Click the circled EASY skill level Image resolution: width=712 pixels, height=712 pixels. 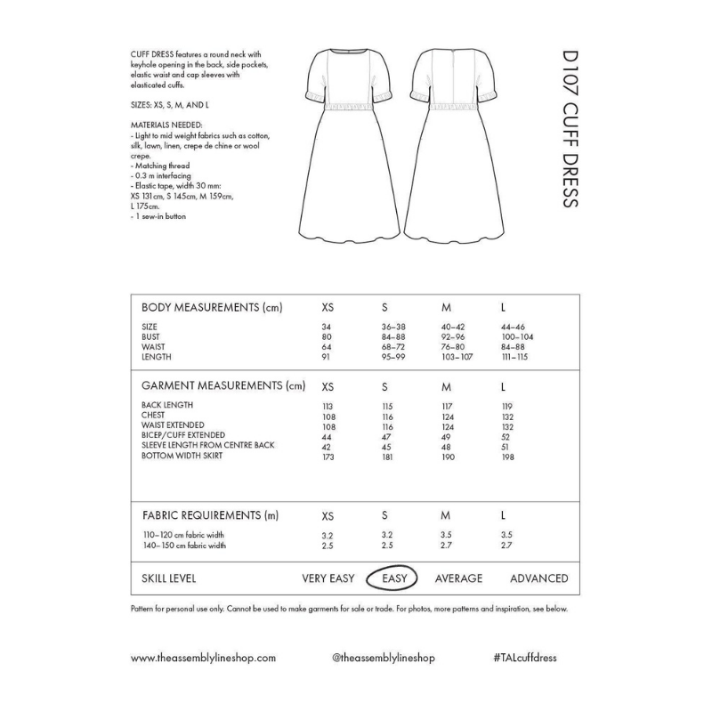pos(394,578)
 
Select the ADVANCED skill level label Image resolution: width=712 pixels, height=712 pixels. pos(538,578)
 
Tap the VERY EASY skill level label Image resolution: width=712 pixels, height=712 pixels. pos(328,578)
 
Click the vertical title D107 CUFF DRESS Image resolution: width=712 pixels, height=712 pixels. pos(570,143)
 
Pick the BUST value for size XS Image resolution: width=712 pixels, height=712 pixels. pos(326,337)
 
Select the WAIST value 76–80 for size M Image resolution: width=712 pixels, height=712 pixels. pos(454,347)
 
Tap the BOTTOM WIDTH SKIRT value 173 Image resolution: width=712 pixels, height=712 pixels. pos(328,456)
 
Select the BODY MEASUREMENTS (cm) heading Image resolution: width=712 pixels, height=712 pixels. pos(212,307)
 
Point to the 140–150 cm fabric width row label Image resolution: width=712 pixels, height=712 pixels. pos(183,545)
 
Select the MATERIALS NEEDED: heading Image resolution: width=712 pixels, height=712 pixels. pos(166,125)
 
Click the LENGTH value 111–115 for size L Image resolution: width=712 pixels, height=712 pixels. pos(514,357)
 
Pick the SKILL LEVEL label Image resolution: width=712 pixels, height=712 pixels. pos(169,578)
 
